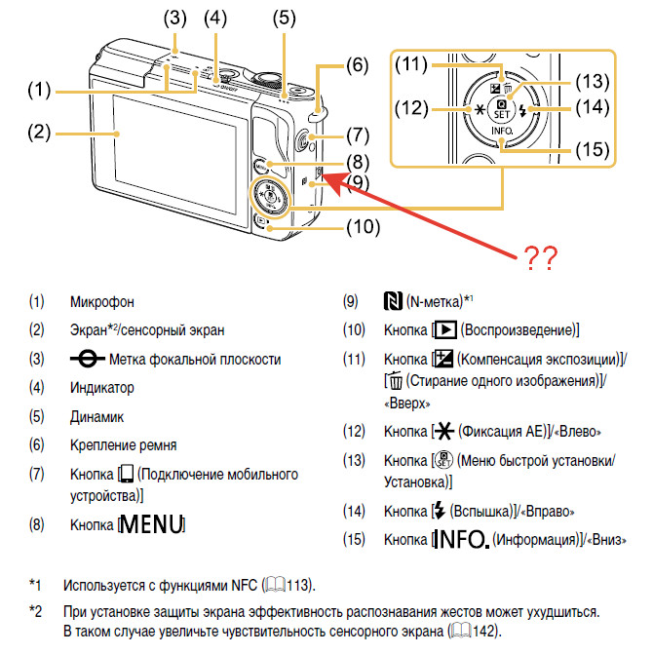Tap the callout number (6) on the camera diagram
pos(358,65)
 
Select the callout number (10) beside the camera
pos(364,227)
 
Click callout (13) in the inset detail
pos(593,81)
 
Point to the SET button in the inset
pos(502,110)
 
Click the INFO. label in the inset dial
pos(502,131)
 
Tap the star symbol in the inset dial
pos(480,110)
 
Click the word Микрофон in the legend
pos(102,302)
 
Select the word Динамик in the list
pos(96,417)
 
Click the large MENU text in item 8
pos(152,523)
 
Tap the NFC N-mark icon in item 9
pos(393,301)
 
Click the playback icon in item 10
pos(445,330)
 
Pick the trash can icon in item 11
pos(395,380)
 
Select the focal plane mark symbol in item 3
pos(87,359)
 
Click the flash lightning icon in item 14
pos(439,511)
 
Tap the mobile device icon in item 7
pos(127,474)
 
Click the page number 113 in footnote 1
pos(297,585)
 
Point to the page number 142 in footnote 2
pos(483,631)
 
